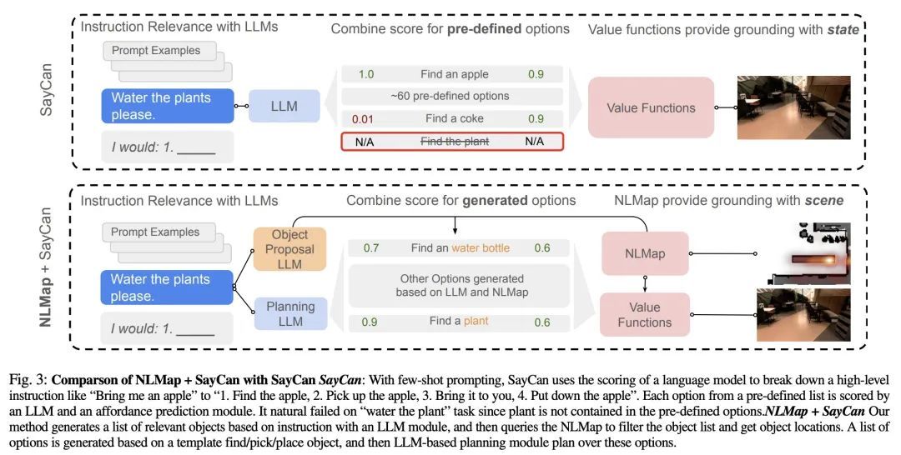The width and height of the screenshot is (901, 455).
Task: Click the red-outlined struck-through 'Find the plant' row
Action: tap(454, 141)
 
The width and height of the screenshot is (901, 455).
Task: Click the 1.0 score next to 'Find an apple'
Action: tap(365, 74)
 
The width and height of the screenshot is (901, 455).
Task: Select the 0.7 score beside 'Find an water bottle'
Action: tap(372, 247)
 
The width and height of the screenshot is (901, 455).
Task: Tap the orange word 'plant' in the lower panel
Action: tap(476, 321)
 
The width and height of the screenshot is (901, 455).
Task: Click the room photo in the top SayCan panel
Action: tap(793, 107)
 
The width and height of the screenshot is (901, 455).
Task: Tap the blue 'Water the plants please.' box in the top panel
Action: tap(167, 106)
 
